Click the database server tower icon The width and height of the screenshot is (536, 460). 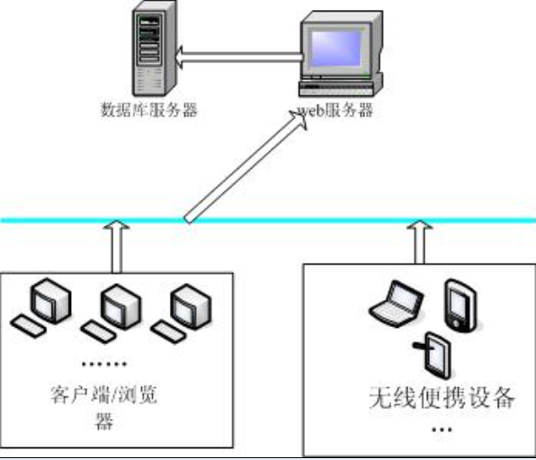[155, 49]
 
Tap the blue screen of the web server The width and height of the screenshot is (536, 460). [336, 49]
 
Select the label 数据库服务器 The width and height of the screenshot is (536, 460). [149, 110]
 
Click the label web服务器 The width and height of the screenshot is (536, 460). [335, 110]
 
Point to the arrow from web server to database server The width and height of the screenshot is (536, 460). [238, 57]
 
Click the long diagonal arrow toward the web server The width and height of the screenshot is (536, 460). [246, 167]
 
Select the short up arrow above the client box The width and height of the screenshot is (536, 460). [117, 246]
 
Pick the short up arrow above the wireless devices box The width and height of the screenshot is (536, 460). [420, 242]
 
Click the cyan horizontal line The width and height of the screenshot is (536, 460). [268, 221]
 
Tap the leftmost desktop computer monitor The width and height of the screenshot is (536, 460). [51, 300]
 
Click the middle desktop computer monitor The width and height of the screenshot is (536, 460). [121, 306]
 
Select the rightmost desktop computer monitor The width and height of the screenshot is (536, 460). [191, 306]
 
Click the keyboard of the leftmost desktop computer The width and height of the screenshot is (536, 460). [28, 326]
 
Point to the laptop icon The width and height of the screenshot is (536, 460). [397, 304]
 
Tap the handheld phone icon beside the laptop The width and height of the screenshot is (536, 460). [460, 305]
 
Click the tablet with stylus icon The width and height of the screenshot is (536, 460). [433, 356]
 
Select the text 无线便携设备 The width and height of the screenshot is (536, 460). [442, 397]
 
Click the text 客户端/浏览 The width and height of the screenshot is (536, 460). [104, 394]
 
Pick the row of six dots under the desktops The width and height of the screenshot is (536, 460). [104, 364]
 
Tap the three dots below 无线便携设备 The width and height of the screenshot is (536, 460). [442, 429]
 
